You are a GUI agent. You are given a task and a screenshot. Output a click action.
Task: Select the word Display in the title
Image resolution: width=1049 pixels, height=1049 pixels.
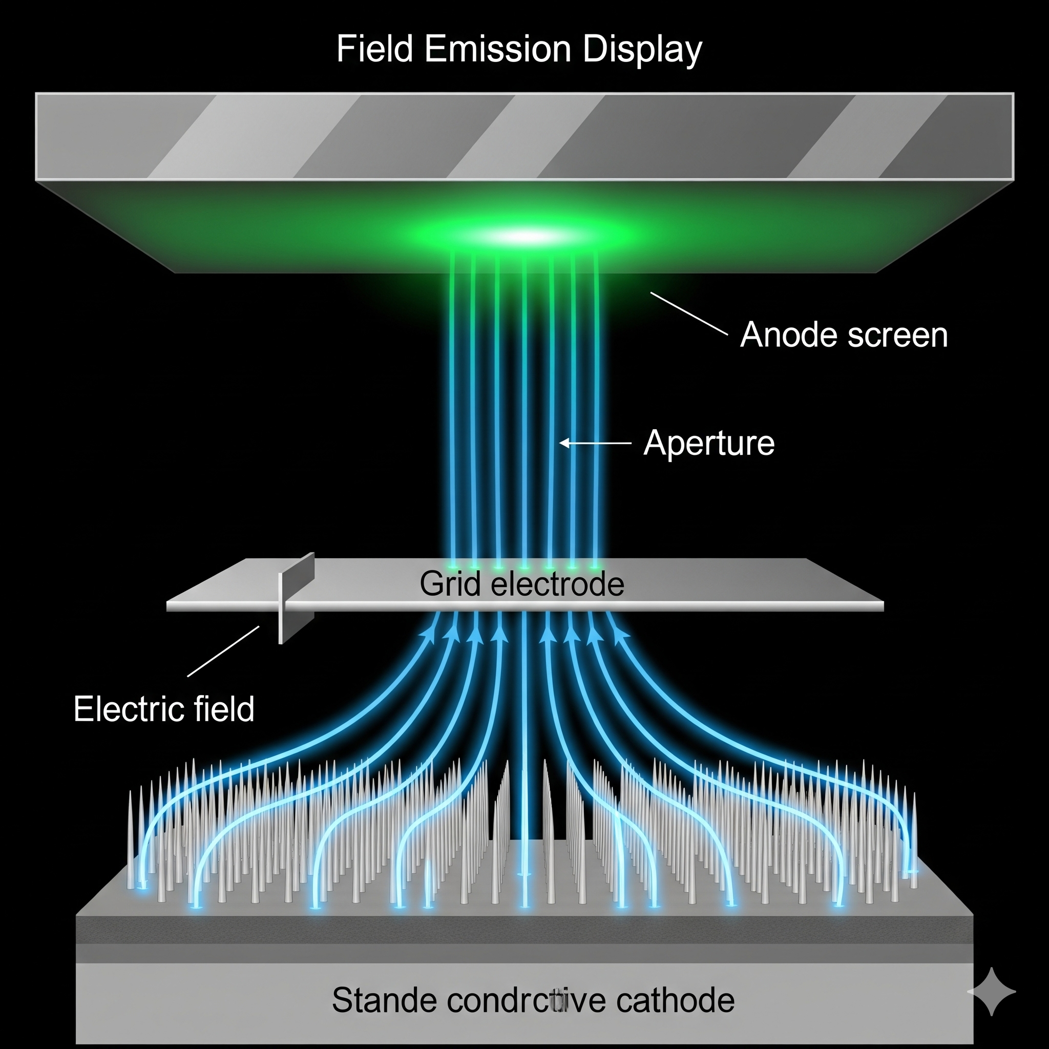(x=642, y=50)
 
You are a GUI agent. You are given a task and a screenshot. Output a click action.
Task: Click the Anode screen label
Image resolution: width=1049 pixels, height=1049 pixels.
(x=843, y=334)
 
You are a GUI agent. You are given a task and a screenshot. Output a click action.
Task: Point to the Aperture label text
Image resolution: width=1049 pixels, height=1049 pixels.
(x=708, y=443)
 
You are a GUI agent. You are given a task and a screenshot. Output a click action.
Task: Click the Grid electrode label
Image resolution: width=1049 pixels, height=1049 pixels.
(x=522, y=584)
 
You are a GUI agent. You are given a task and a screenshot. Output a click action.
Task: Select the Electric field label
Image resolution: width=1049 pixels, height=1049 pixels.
(x=164, y=709)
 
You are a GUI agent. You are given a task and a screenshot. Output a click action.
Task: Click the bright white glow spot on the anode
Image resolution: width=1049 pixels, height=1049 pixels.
(x=530, y=236)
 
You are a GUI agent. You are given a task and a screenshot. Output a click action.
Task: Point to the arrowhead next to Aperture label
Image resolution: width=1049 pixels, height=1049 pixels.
(x=564, y=443)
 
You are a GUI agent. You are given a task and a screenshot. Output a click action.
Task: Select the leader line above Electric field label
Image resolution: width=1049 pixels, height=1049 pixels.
(x=223, y=652)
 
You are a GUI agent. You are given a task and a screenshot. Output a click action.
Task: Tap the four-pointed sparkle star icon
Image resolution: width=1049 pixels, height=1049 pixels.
(x=992, y=992)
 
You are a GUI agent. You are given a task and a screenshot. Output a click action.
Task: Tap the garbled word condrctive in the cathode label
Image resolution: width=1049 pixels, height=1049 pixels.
(x=524, y=1000)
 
